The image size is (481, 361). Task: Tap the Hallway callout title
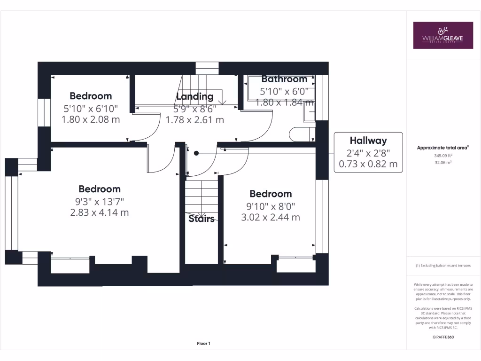tap(368, 141)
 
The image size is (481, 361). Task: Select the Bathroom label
tap(284, 79)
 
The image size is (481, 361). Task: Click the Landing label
tap(194, 96)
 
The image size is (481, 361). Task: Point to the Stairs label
tap(202, 219)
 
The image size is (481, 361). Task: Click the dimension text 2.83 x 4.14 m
tap(100, 212)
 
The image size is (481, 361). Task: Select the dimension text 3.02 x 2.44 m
tap(271, 217)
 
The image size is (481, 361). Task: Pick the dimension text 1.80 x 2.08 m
tap(91, 119)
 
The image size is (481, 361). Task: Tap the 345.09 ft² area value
tap(443, 156)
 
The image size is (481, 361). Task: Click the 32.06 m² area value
tap(443, 163)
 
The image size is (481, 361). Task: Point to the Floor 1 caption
tap(203, 344)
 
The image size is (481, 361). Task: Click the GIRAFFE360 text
tap(443, 337)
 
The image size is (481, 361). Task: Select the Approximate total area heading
tap(443, 148)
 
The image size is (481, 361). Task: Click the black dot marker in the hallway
tap(196, 153)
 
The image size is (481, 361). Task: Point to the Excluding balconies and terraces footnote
tap(443, 266)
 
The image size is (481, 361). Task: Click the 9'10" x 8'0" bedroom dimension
tap(271, 206)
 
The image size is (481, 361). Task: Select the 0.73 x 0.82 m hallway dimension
tap(368, 164)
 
